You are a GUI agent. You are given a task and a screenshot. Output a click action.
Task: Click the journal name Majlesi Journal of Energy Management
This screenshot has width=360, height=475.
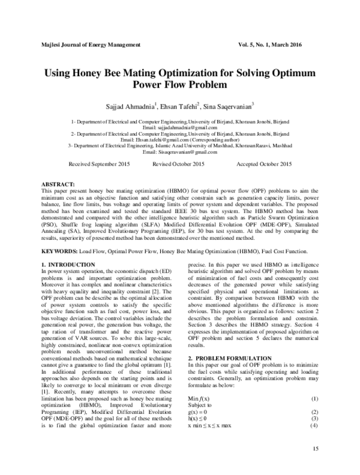click(x=89, y=45)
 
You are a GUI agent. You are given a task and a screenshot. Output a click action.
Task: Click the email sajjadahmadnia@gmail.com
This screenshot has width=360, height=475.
click(x=180, y=128)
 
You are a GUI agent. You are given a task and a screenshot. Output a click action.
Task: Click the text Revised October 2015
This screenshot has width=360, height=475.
click(x=179, y=164)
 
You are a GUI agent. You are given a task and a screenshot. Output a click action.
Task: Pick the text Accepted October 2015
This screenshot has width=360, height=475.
click(x=263, y=164)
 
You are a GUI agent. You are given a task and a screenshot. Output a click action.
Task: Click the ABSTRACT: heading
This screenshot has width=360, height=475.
click(x=58, y=182)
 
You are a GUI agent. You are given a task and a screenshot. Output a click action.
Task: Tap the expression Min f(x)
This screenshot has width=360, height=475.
click(x=199, y=399)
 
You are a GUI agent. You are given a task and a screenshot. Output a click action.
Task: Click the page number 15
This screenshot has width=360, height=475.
click(x=313, y=449)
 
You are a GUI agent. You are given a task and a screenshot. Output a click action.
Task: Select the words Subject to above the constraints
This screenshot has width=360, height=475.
click(x=200, y=405)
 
